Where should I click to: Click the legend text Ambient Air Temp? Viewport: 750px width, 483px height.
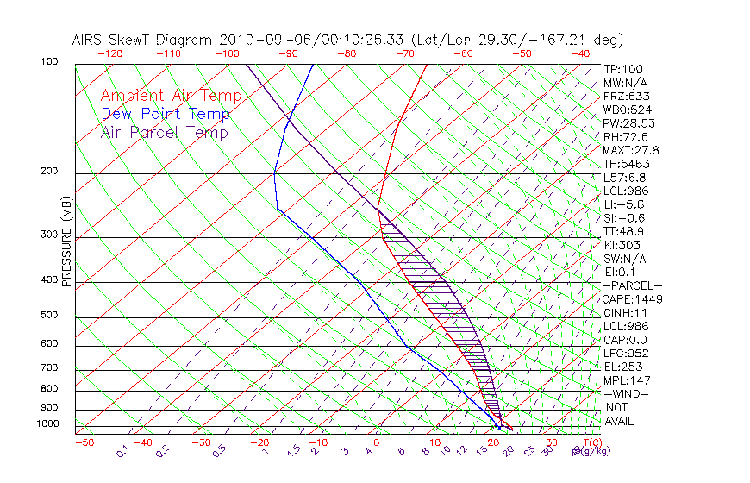point(171,96)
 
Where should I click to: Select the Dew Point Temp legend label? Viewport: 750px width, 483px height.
point(166,114)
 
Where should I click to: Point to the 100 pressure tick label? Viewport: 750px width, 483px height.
point(50,62)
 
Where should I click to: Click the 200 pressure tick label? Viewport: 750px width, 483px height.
point(50,171)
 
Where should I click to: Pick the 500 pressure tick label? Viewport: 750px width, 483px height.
point(50,316)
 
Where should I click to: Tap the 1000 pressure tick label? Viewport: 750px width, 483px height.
point(47,424)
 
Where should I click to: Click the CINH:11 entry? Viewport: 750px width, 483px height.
point(625,313)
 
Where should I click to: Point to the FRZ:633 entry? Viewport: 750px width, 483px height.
point(624,96)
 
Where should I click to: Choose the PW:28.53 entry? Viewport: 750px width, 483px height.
point(628,123)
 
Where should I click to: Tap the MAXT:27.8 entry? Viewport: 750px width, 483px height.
point(633,150)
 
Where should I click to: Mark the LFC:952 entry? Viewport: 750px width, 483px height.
point(625,353)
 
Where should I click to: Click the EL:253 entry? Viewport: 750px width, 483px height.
point(622,367)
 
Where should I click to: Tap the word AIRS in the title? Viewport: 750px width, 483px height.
point(90,40)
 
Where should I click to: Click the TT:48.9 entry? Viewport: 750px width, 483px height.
point(624,231)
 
